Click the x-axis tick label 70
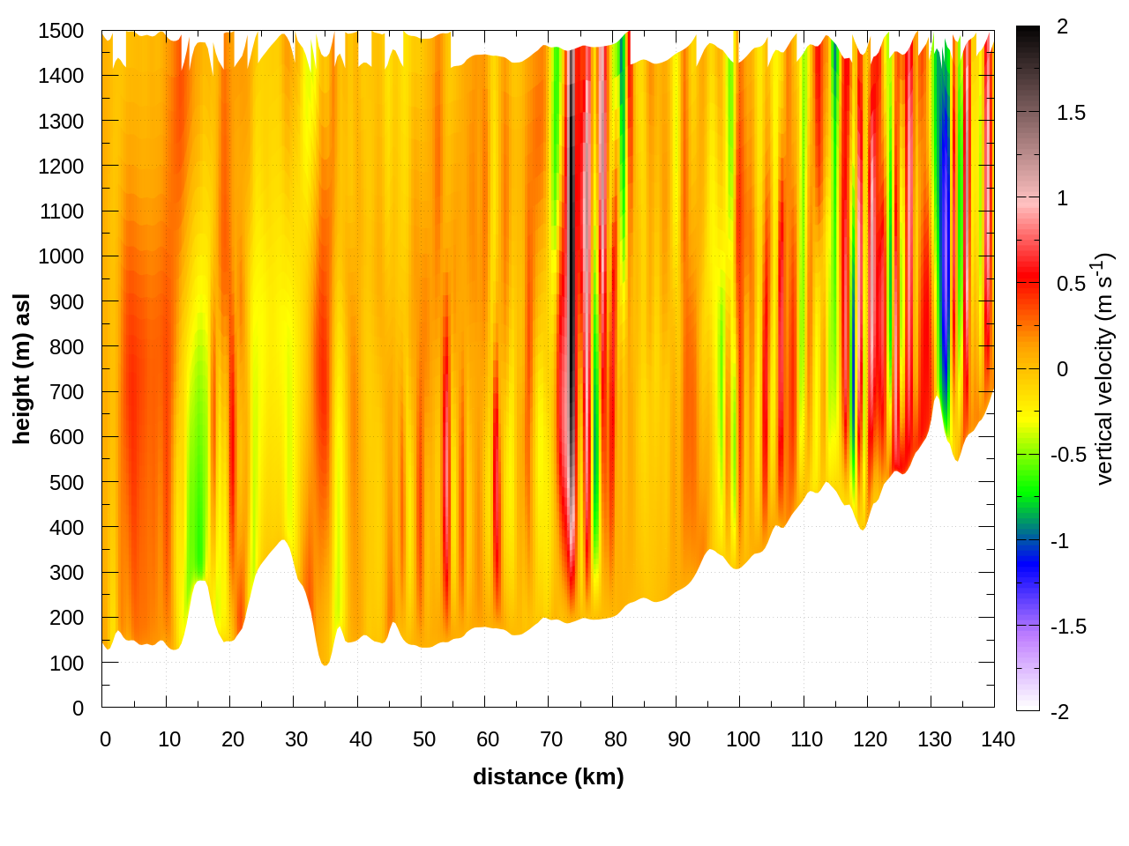point(551,739)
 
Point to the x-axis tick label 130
point(934,739)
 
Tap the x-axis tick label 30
point(296,739)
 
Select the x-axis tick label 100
point(743,739)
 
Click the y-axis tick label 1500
point(61,31)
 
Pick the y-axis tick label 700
point(67,392)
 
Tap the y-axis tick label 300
point(67,573)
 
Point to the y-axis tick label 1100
point(61,211)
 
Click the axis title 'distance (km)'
point(548,776)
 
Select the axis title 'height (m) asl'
point(22,368)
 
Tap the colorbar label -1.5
point(1068,627)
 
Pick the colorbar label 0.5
point(1071,284)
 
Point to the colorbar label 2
point(1062,27)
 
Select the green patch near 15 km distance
point(196,441)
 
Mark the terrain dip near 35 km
point(325,661)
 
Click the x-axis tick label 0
point(106,739)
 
